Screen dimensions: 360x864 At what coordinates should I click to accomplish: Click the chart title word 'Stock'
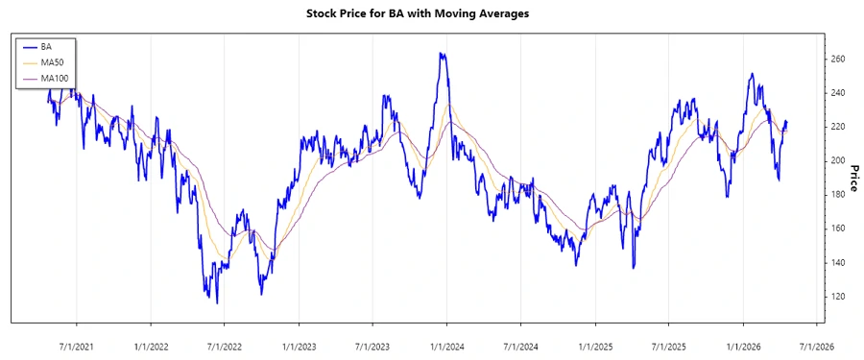click(x=324, y=13)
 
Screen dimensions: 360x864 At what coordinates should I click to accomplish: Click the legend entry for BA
click(x=45, y=46)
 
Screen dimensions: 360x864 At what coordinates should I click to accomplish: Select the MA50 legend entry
click(x=51, y=61)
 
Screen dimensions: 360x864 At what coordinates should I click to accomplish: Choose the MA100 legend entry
click(x=54, y=77)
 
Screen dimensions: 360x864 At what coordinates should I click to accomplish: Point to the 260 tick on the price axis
click(x=837, y=60)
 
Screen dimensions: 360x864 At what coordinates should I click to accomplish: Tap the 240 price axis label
click(x=837, y=93)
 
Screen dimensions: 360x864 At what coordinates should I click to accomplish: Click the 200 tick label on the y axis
click(x=837, y=160)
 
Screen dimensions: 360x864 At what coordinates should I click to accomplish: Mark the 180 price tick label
click(x=837, y=195)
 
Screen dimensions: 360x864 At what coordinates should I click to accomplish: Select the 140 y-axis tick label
click(x=837, y=262)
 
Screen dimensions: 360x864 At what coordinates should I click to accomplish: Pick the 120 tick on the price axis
click(x=837, y=296)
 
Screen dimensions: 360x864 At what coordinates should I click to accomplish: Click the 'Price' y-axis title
click(x=853, y=178)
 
